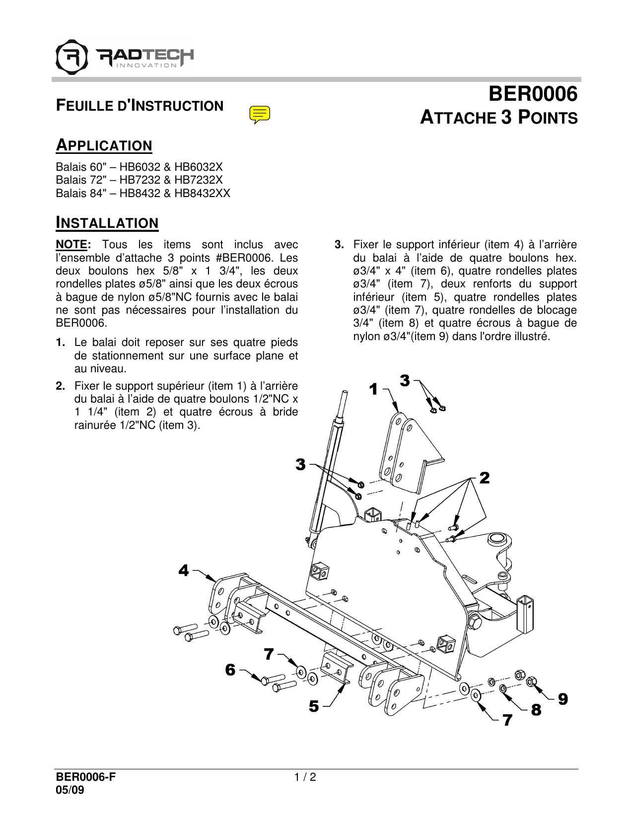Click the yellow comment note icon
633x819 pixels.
(x=260, y=114)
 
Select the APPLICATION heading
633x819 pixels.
(x=104, y=145)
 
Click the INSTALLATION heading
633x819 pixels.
(x=107, y=223)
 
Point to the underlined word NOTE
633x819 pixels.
(x=71, y=245)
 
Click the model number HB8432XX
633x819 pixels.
(x=202, y=194)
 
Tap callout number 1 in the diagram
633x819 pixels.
(x=374, y=390)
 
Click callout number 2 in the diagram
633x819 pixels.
(x=485, y=478)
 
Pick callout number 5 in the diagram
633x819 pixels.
(x=314, y=706)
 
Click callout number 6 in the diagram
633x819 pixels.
(x=230, y=670)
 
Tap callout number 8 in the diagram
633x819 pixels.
(x=536, y=710)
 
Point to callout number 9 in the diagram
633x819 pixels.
(x=563, y=699)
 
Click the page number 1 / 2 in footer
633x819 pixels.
(x=305, y=777)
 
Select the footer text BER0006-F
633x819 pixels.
(x=85, y=777)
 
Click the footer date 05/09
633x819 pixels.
(x=70, y=790)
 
